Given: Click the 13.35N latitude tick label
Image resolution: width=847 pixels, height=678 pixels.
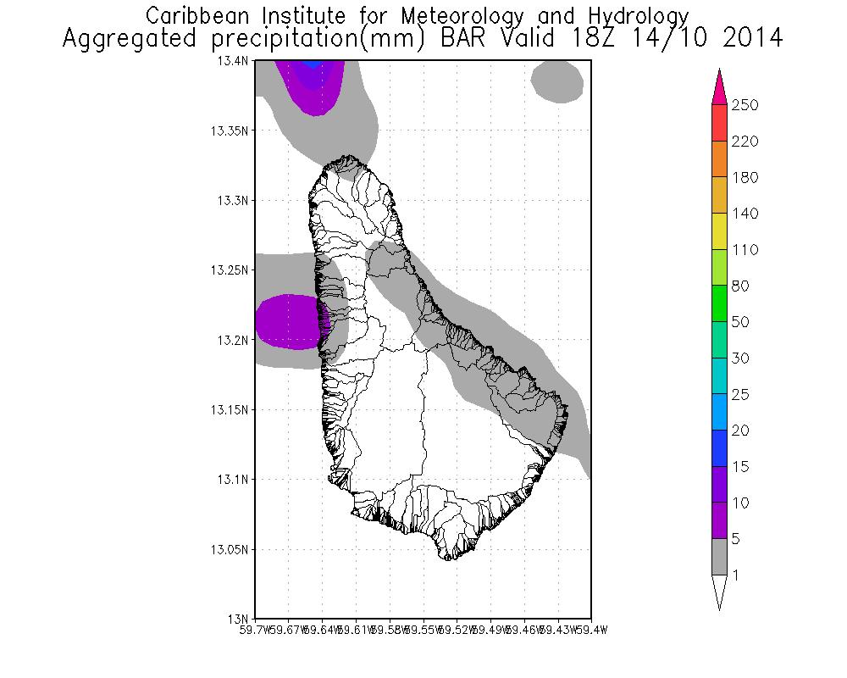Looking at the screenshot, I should pyautogui.click(x=230, y=131).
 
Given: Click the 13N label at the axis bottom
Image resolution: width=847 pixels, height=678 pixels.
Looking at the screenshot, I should pyautogui.click(x=240, y=618).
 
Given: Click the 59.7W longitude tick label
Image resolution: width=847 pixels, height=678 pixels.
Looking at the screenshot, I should pyautogui.click(x=256, y=630).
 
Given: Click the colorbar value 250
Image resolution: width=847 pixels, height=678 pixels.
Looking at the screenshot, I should pyautogui.click(x=745, y=105).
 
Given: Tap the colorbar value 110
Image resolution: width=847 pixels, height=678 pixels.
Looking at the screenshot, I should pyautogui.click(x=745, y=250).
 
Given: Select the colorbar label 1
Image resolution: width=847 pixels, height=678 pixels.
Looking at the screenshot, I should pyautogui.click(x=737, y=575).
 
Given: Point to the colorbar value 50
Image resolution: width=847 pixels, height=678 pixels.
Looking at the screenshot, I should pyautogui.click(x=742, y=322).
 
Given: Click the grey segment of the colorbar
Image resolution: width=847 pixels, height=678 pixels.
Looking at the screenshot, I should pyautogui.click(x=719, y=557).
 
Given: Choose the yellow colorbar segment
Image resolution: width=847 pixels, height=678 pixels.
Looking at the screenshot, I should pyautogui.click(x=719, y=231).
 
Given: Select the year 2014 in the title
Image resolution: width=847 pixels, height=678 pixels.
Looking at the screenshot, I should pyautogui.click(x=748, y=39).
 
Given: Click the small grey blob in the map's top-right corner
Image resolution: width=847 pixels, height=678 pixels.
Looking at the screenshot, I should pyautogui.click(x=556, y=81).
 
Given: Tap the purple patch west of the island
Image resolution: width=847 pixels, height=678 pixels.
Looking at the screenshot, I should pyautogui.click(x=286, y=321).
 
